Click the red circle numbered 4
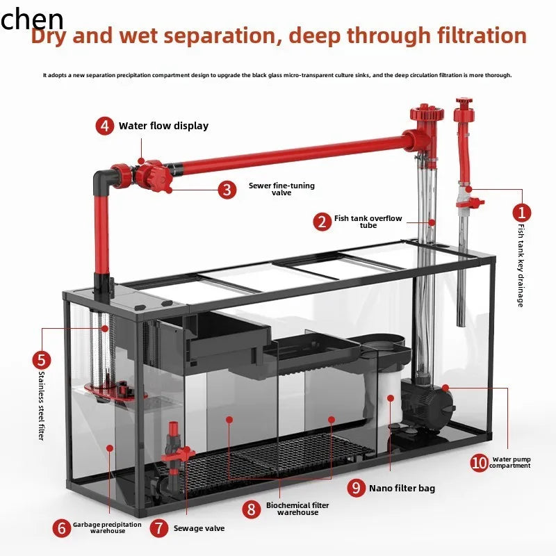105,126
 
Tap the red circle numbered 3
227,190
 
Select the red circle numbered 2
322,222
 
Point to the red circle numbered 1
522,213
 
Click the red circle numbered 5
42,360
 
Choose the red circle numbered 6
62,528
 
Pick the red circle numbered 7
159,528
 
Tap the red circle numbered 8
252,509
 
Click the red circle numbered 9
357,488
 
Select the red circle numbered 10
479,463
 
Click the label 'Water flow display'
163,126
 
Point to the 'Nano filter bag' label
402,489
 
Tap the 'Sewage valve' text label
199,528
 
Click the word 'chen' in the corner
32,19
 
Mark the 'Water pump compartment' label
510,463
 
